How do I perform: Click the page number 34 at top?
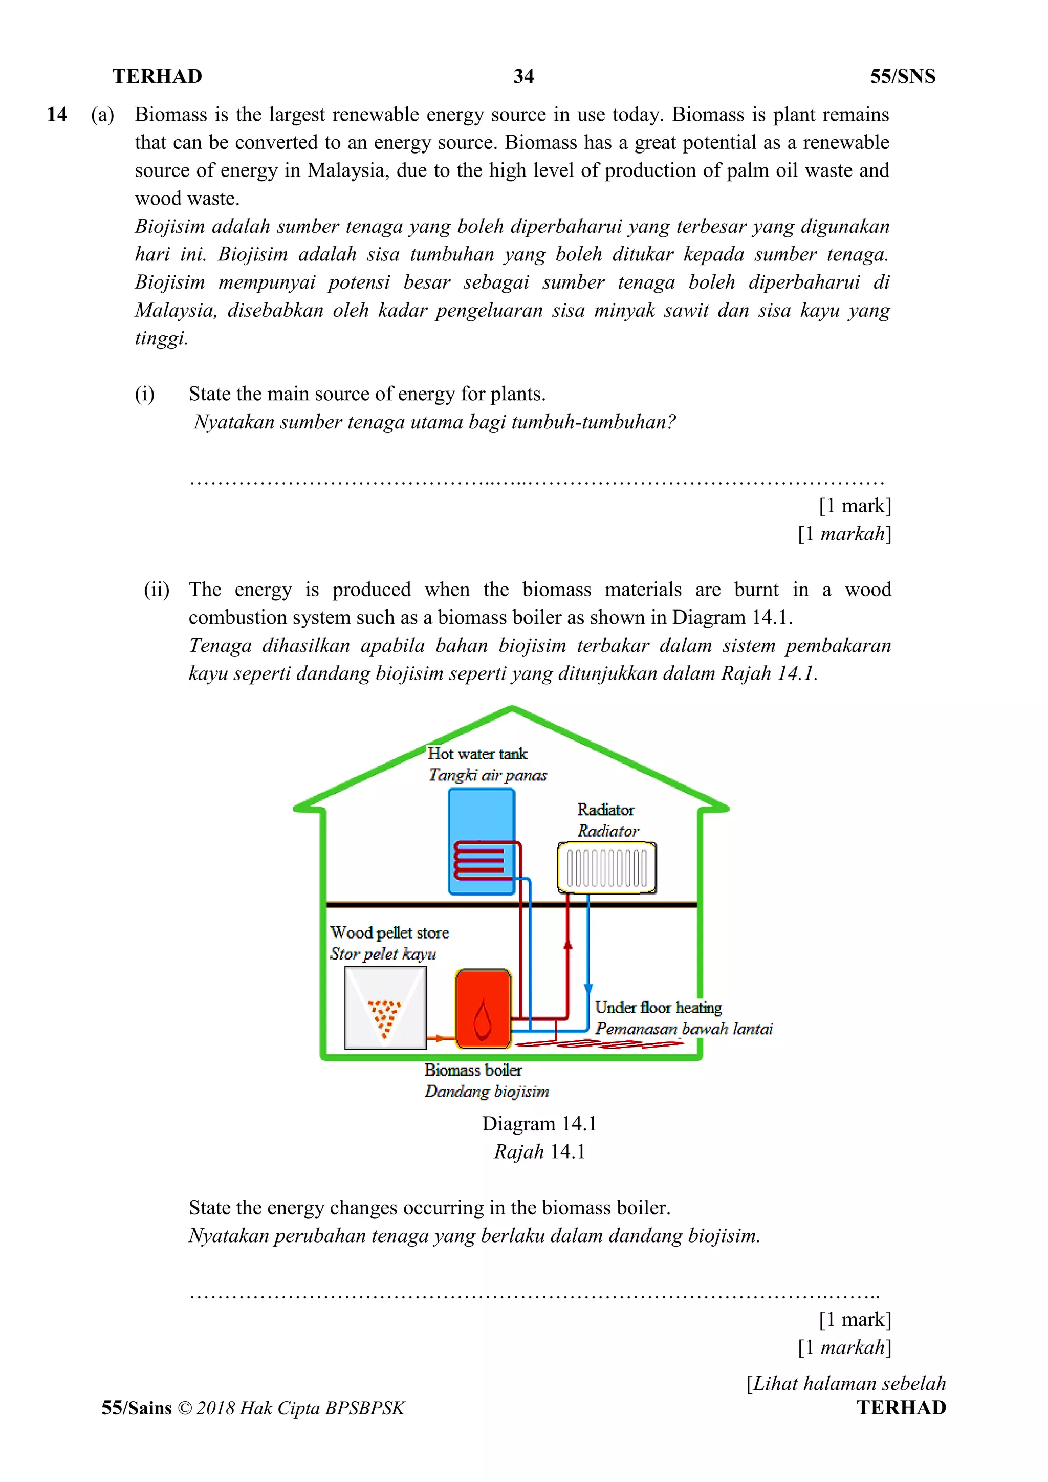pyautogui.click(x=523, y=76)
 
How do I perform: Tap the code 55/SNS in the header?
pyautogui.click(x=902, y=76)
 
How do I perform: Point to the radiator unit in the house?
pyautogui.click(x=606, y=867)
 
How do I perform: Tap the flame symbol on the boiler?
pyautogui.click(x=483, y=1020)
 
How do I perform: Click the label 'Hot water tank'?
pyautogui.click(x=477, y=754)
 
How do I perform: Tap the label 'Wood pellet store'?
pyautogui.click(x=389, y=933)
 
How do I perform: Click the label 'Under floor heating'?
pyautogui.click(x=658, y=1008)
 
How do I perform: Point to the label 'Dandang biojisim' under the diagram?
pyautogui.click(x=487, y=1092)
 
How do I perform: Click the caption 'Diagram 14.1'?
pyautogui.click(x=539, y=1124)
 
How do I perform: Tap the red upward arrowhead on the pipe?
pyautogui.click(x=568, y=944)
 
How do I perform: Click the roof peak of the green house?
pyautogui.click(x=512, y=710)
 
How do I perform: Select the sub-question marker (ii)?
pyautogui.click(x=156, y=590)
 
